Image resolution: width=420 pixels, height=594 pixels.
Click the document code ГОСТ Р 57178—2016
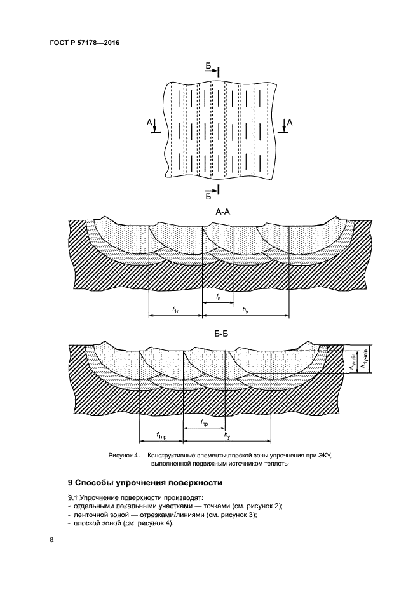[x=85, y=43]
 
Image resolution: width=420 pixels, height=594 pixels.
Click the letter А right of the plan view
[x=290, y=122]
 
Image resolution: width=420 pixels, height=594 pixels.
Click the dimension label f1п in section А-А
[x=176, y=309]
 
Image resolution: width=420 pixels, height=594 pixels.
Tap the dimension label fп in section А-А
[x=218, y=297]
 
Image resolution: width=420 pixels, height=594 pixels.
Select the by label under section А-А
[x=245, y=309]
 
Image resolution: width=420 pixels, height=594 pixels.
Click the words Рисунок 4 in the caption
[x=127, y=456]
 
